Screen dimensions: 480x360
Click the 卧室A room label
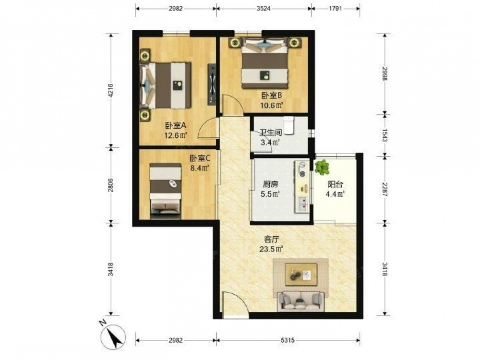pyautogui.click(x=176, y=125)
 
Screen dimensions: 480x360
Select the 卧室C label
pyautogui.click(x=200, y=158)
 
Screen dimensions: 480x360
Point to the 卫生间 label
pyautogui.click(x=271, y=132)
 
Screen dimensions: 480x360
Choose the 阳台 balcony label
pyautogui.click(x=335, y=184)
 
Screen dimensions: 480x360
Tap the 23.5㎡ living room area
pyautogui.click(x=271, y=249)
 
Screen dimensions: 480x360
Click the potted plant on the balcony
pyautogui.click(x=322, y=167)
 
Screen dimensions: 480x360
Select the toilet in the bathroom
pyautogui.click(x=289, y=125)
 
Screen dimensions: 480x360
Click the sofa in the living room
pyautogui.click(x=300, y=301)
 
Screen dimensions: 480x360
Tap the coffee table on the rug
pyautogui.click(x=301, y=274)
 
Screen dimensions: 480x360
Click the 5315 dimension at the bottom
pyautogui.click(x=288, y=340)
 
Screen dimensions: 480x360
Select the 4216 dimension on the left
pyautogui.click(x=111, y=90)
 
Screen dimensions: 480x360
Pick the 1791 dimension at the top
pyautogui.click(x=335, y=9)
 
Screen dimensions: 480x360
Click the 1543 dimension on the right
pyautogui.click(x=385, y=135)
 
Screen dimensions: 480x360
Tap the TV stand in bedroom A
pyautogui.click(x=212, y=84)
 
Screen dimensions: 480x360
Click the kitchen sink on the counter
pyautogui.click(x=302, y=204)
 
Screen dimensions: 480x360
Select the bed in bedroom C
pyautogui.click(x=165, y=191)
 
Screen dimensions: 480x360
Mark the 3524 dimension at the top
pyautogui.click(x=264, y=9)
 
